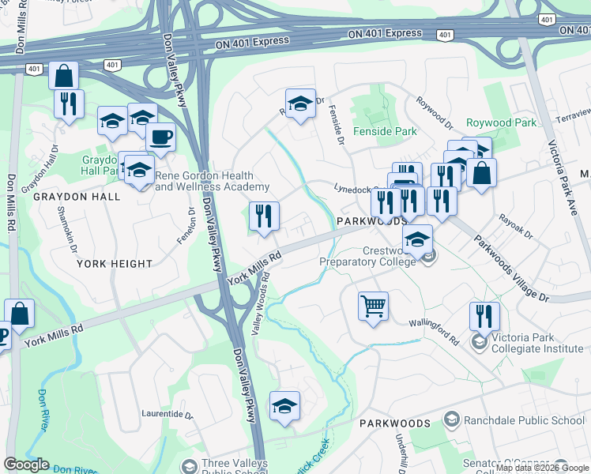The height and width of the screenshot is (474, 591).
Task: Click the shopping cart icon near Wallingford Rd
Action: pyautogui.click(x=373, y=304)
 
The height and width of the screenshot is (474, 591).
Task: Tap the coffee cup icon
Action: pyautogui.click(x=160, y=137)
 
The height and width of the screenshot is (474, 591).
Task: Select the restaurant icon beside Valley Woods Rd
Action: pyautogui.click(x=264, y=216)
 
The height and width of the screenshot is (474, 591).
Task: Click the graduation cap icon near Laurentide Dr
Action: pyautogui.click(x=284, y=406)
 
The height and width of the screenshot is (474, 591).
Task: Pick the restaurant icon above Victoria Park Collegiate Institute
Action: pyautogui.click(x=484, y=316)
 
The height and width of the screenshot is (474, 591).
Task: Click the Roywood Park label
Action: pyautogui.click(x=501, y=122)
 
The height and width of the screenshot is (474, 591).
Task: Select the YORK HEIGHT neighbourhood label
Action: pyautogui.click(x=115, y=264)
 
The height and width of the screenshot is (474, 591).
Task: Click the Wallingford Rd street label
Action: pyautogui.click(x=434, y=327)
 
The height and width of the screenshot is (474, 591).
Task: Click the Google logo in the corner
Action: pyautogui.click(x=26, y=465)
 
